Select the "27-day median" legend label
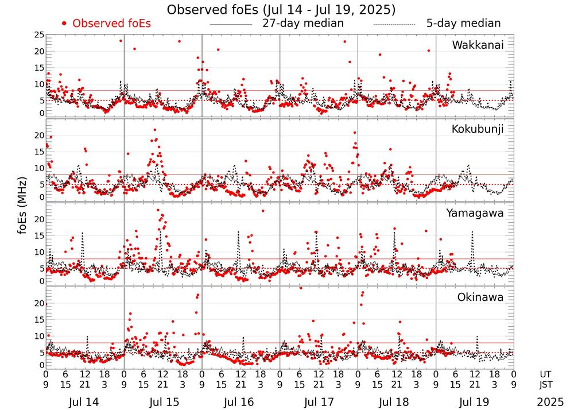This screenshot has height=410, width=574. click(303, 24)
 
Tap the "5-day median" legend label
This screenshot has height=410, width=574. click(464, 24)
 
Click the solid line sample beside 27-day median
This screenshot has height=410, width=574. click(231, 25)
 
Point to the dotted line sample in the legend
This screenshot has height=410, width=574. click(394, 25)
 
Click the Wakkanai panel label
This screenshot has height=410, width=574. click(478, 45)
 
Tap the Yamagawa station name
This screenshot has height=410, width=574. click(475, 213)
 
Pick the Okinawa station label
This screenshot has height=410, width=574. click(480, 297)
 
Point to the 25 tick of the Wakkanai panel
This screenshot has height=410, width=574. click(39, 35)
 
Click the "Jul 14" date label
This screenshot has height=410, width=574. click(84, 403)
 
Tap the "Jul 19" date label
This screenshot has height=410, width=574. click(475, 403)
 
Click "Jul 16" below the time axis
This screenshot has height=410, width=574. click(241, 403)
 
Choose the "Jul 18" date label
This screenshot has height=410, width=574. click(397, 403)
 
